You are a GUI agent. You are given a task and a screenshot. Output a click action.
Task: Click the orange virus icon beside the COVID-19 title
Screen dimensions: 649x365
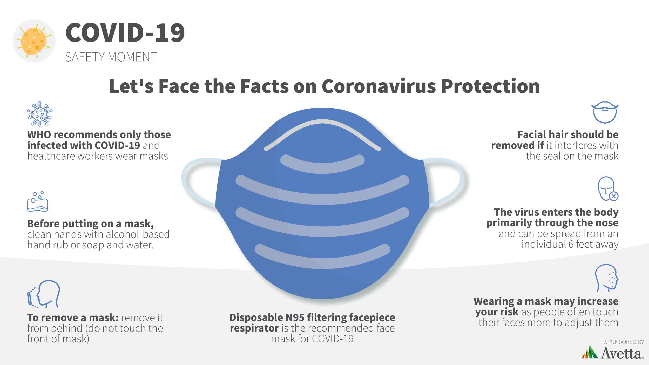(x=34, y=41)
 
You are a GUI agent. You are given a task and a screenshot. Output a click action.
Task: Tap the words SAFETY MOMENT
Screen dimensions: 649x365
(x=111, y=57)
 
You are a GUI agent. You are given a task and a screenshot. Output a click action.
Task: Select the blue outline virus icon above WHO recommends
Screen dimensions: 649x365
(x=40, y=114)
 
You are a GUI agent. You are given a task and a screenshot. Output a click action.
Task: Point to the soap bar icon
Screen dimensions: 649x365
(x=38, y=202)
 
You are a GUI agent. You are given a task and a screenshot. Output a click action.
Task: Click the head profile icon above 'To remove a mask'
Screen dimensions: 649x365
(x=44, y=294)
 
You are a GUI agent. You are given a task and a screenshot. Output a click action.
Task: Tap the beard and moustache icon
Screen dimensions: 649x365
(x=605, y=112)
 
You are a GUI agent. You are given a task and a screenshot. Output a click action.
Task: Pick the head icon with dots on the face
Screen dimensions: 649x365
(x=606, y=278)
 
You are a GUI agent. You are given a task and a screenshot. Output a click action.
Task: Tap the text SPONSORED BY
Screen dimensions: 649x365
(x=624, y=342)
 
